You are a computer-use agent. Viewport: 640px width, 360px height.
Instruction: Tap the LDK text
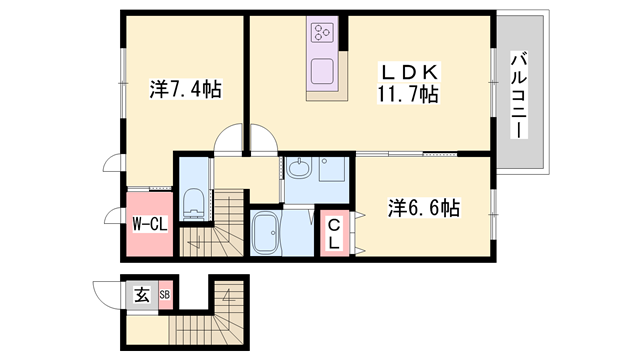pos(405,72)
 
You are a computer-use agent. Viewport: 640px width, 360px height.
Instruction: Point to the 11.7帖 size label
pos(405,95)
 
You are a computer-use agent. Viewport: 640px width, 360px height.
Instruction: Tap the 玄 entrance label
pos(142,294)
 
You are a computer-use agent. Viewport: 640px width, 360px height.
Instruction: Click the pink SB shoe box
pos(165,294)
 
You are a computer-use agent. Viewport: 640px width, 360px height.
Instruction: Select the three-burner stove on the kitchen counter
pos(324,32)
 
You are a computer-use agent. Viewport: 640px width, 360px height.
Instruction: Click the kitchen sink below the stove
pos(324,73)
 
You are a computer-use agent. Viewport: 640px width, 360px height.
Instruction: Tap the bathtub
pos(267,237)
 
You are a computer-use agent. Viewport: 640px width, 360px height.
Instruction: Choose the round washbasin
pos(299,169)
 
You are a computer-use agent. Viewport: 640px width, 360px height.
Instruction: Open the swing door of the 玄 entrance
pos(108,296)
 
